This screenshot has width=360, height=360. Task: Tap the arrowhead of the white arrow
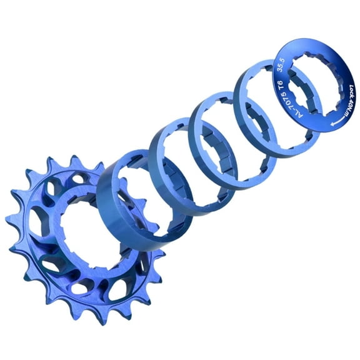[318, 125]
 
